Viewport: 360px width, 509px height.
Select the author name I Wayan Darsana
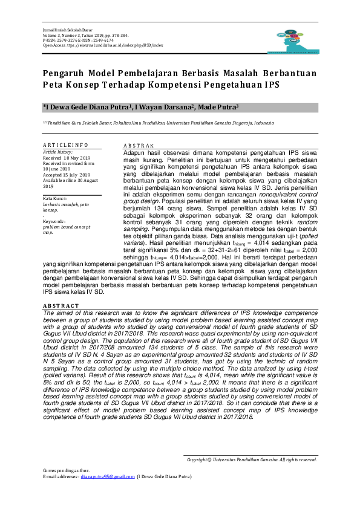164,107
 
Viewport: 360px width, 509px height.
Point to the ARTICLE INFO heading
67,145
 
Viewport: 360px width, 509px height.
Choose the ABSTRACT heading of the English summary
60,306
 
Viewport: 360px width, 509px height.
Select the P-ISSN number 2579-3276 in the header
68,39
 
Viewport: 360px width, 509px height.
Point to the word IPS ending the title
270,85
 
